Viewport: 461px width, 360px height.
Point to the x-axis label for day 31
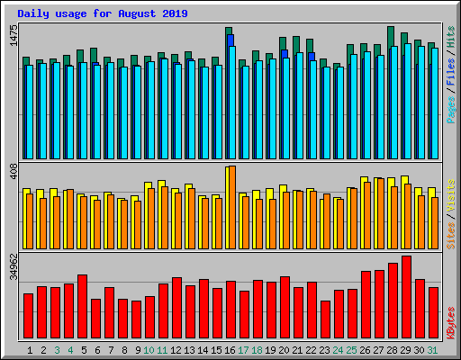[x=433, y=349]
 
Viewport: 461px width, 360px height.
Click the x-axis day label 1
[x=30, y=349]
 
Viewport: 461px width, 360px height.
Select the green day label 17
[x=244, y=349]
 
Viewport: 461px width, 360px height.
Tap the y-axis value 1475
[x=13, y=37]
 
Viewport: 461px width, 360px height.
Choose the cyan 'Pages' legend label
[x=450, y=108]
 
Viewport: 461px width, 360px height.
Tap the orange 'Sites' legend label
[x=450, y=232]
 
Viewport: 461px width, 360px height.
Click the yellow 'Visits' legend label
[x=450, y=196]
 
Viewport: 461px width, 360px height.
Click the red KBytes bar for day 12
[x=176, y=306]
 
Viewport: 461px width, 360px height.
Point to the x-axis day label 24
[x=339, y=349]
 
